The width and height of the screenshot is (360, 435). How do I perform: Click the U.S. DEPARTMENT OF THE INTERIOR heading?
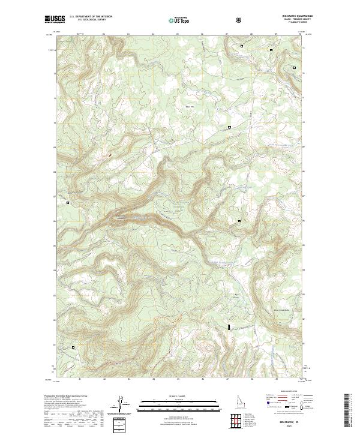[x=91, y=17]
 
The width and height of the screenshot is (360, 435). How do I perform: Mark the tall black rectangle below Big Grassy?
[x=229, y=327]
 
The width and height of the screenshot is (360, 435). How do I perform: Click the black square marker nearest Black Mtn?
[x=229, y=127]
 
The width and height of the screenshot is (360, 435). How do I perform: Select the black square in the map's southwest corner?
[x=74, y=347]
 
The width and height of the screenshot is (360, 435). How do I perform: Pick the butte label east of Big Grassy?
[x=265, y=302]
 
